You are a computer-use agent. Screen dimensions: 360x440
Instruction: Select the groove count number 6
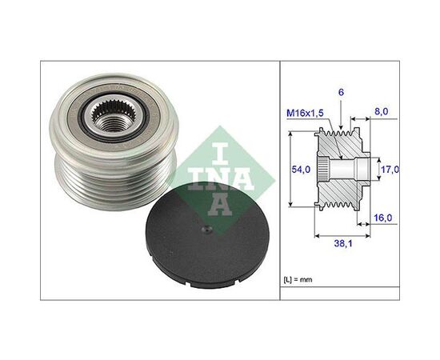tap(342, 92)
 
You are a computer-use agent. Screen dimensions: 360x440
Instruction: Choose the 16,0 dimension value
tap(382, 217)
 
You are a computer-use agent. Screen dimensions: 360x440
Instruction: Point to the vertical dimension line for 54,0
tap(289, 170)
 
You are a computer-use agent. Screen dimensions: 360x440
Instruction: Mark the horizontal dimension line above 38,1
tap(342, 237)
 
